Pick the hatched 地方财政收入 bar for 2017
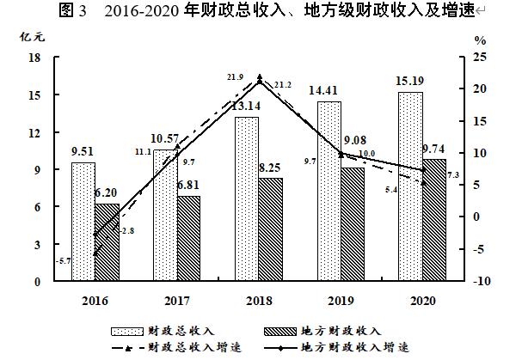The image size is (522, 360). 188,239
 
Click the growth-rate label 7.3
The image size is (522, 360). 451,175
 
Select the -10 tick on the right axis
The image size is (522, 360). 484,281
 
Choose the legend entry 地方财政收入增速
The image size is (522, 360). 354,348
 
